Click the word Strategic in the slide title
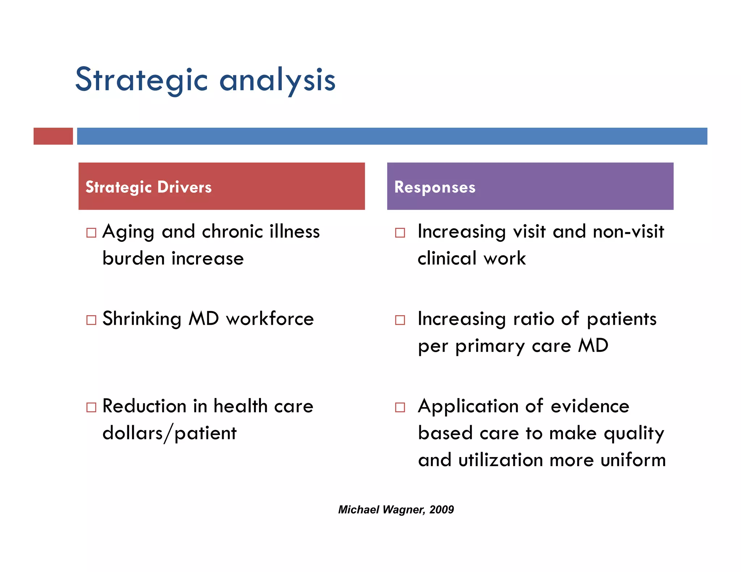coord(141,80)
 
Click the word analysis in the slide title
coord(278,80)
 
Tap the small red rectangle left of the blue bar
coord(53,136)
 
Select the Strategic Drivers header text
coord(148,187)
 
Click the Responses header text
coord(435,187)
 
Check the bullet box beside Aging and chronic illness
coord(92,232)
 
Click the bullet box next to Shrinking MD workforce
coord(92,320)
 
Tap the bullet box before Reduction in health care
coord(92,407)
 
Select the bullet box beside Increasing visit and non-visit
coord(400,232)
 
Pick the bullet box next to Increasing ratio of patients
coord(400,320)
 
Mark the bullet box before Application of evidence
coord(400,407)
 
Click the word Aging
coord(128,232)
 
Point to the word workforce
coord(270,319)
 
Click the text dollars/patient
coord(169,434)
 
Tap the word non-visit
coord(628,231)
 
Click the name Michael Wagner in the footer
coord(381,510)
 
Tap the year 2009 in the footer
coord(442,510)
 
